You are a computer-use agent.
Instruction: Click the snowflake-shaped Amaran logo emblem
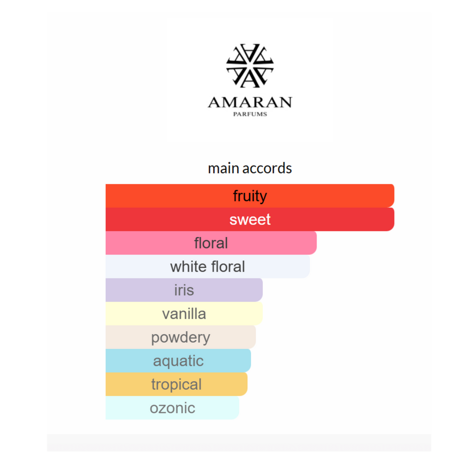click(250, 65)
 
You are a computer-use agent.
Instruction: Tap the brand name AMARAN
click(250, 102)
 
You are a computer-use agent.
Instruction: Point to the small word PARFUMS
click(250, 114)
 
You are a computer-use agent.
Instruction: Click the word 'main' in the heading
click(224, 168)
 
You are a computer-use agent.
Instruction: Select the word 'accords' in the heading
click(267, 168)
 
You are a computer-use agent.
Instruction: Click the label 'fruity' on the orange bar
click(250, 196)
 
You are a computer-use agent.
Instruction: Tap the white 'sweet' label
click(250, 219)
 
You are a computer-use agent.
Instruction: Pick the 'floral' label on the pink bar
click(211, 243)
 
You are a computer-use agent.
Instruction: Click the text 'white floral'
click(208, 266)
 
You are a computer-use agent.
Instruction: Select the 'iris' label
click(184, 290)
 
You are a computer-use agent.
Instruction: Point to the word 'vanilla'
click(184, 313)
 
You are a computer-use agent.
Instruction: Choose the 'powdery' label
click(181, 338)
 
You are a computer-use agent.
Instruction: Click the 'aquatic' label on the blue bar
click(178, 361)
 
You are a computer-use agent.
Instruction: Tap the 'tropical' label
click(177, 385)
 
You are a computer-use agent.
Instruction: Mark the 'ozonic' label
click(172, 408)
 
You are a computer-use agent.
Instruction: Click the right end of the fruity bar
click(394, 195)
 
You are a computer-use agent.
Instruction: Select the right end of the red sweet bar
click(394, 219)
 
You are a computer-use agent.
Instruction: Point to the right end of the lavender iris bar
click(262, 290)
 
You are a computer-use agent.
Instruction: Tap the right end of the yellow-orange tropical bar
click(247, 384)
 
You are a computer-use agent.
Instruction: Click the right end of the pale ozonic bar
click(239, 408)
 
